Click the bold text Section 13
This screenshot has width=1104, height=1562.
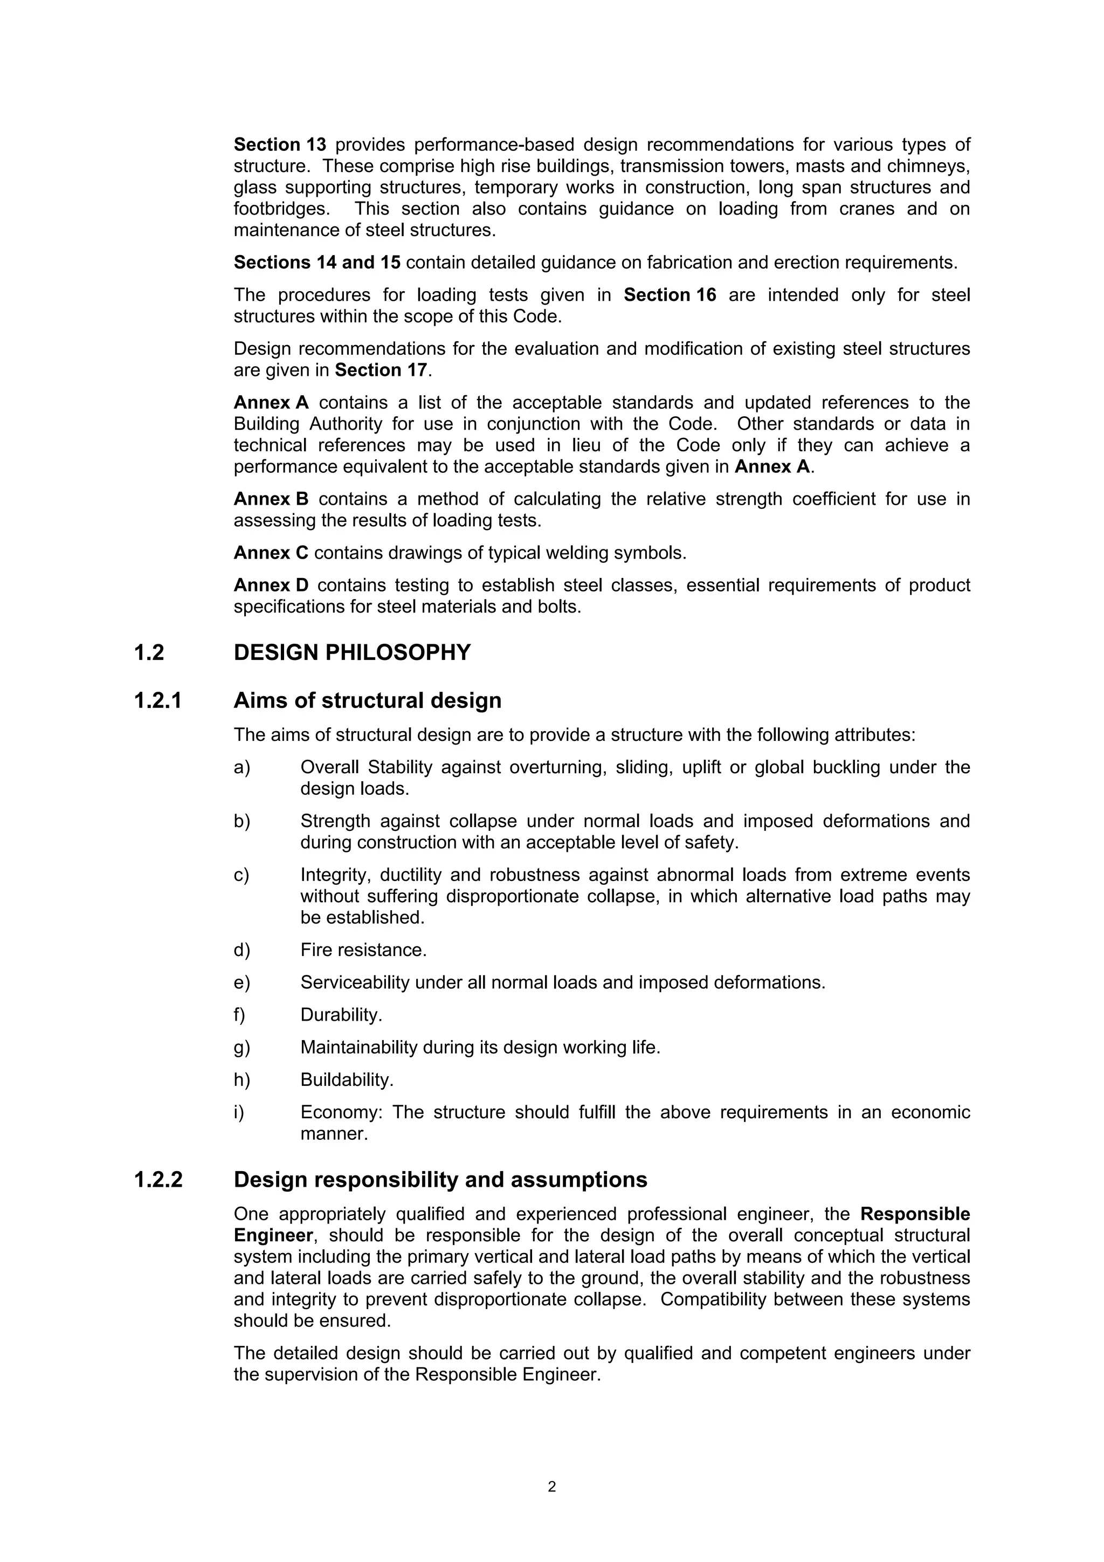pyautogui.click(x=280, y=145)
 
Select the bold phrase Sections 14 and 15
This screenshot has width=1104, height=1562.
pyautogui.click(x=317, y=263)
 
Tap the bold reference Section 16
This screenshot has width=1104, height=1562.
pyautogui.click(x=670, y=295)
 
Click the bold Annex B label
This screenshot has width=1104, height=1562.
pyautogui.click(x=271, y=499)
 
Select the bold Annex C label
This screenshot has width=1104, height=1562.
pyautogui.click(x=271, y=553)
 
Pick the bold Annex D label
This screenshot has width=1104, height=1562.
pyautogui.click(x=271, y=585)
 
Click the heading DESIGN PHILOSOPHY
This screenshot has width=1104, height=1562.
pyautogui.click(x=351, y=653)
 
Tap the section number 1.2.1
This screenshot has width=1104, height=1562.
pyautogui.click(x=158, y=701)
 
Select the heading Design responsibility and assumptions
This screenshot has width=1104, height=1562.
pyautogui.click(x=440, y=1180)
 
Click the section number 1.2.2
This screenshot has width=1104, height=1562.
pyautogui.click(x=158, y=1180)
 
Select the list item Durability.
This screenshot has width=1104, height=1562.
pyautogui.click(x=341, y=1015)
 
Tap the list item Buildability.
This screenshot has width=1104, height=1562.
pyautogui.click(x=347, y=1079)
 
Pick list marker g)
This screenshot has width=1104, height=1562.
pyautogui.click(x=242, y=1048)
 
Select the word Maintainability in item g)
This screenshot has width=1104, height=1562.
pyautogui.click(x=358, y=1048)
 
